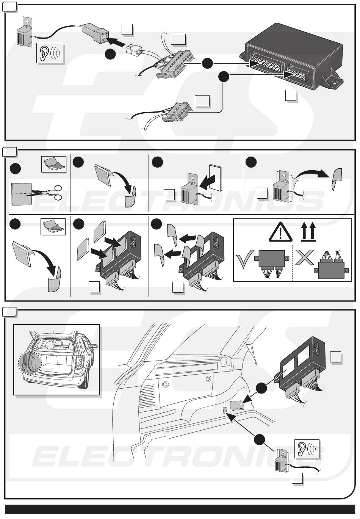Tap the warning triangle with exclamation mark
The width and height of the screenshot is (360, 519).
point(280,232)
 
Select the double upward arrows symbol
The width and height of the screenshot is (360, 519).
point(308,232)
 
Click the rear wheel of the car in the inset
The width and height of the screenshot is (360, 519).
point(84,380)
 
